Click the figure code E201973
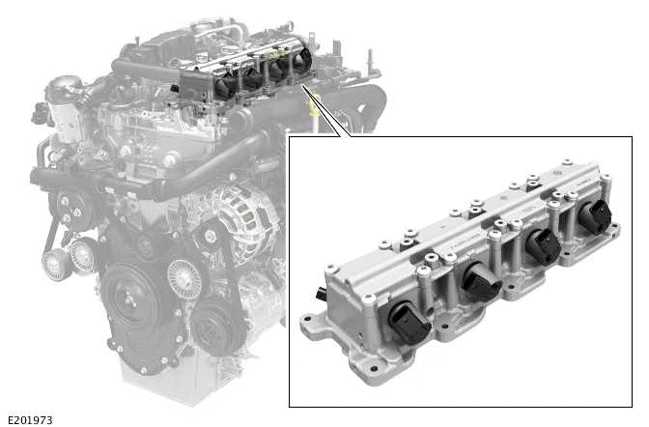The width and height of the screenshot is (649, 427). click(29, 420)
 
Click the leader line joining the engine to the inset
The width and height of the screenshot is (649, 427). click(324, 111)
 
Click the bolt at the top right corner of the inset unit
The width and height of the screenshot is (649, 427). click(608, 180)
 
